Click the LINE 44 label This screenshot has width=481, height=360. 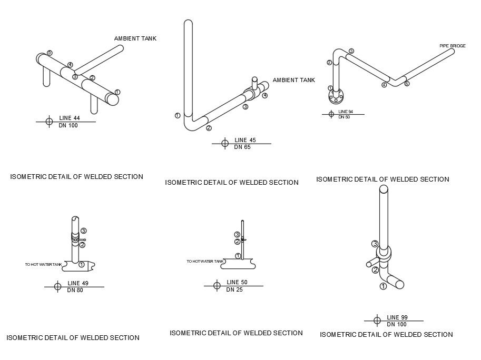pos(69,118)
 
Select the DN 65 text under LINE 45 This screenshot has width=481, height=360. pos(242,147)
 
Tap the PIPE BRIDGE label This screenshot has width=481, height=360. pos(453,46)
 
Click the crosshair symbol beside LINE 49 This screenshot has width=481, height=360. pos(58,286)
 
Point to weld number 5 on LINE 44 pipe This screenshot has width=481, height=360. pos(50,53)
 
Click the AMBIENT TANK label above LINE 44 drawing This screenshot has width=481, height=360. pos(135,38)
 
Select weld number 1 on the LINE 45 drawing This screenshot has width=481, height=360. pos(178,115)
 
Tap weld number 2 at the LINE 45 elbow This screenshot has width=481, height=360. pos(209,128)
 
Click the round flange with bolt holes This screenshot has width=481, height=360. pos(336,96)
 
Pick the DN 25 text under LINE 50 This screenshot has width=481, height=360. pos(234,290)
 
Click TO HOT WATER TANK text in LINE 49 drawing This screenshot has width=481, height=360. pos(44,264)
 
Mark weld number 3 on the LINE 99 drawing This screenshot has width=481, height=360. pos(375,244)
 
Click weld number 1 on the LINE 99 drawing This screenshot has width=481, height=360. pos(383,286)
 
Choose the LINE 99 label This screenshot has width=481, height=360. pos(397,317)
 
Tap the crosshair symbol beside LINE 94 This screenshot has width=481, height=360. pos(331,114)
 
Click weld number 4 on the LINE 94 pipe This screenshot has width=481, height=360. pos(384,85)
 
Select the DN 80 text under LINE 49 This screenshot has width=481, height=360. pos(75,290)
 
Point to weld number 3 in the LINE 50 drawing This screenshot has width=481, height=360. pos(237,235)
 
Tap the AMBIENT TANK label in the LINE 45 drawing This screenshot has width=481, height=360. pos(293,80)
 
